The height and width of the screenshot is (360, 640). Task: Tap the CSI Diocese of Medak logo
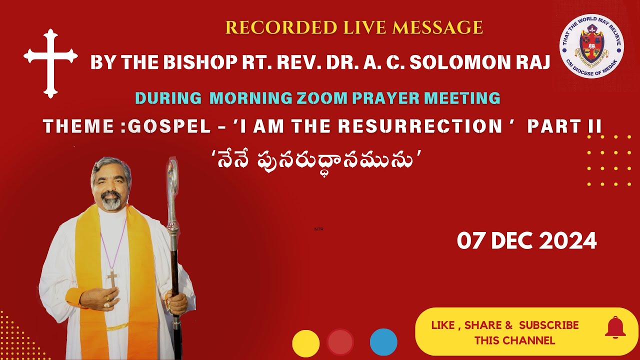click(x=591, y=46)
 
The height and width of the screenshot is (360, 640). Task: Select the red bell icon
click(x=615, y=328)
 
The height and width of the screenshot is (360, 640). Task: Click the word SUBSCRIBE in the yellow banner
click(x=548, y=325)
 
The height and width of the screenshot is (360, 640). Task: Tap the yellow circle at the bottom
click(x=305, y=343)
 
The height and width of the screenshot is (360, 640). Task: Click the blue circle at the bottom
click(x=383, y=343)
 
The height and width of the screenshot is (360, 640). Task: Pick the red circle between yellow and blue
click(x=340, y=342)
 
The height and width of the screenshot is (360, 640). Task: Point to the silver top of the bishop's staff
click(x=172, y=180)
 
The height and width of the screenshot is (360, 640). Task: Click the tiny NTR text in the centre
click(x=319, y=229)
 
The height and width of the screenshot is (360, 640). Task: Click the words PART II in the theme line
click(x=564, y=126)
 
